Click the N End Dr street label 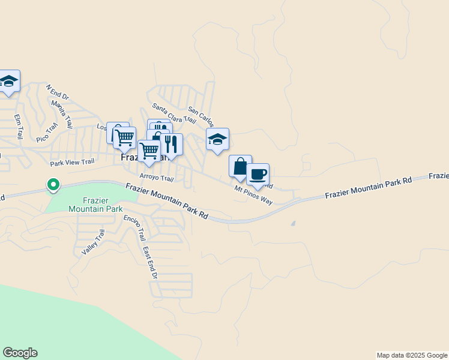click(x=58, y=92)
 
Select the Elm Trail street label click(x=19, y=125)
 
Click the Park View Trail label click(x=72, y=162)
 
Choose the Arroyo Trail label click(x=156, y=178)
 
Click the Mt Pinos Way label click(x=253, y=195)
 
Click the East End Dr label click(x=149, y=263)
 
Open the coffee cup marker click(x=258, y=175)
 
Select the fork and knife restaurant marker click(x=172, y=145)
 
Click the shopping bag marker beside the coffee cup click(x=240, y=166)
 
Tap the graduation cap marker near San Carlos click(x=217, y=140)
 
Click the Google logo click(x=20, y=353)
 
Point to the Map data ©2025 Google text click(x=411, y=355)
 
